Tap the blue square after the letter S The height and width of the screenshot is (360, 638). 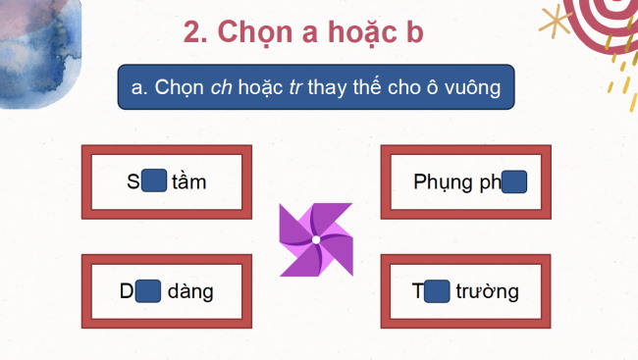pyautogui.click(x=153, y=181)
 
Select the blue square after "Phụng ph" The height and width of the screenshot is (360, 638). pyautogui.click(x=514, y=182)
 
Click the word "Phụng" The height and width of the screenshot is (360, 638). pyautogui.click(x=439, y=183)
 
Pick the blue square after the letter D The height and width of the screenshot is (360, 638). pyautogui.click(x=147, y=291)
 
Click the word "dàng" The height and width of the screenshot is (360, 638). pyautogui.click(x=190, y=292)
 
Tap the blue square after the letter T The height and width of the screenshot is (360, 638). pyautogui.click(x=438, y=291)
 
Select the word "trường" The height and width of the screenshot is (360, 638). pyautogui.click(x=488, y=292)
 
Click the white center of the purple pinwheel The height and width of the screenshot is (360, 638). pyautogui.click(x=316, y=239)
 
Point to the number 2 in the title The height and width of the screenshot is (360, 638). pyautogui.click(x=193, y=31)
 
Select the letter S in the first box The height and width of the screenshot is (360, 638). pyautogui.click(x=133, y=182)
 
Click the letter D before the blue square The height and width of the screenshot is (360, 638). pyautogui.click(x=126, y=292)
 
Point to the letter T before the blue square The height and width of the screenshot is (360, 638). pyautogui.click(x=419, y=292)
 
